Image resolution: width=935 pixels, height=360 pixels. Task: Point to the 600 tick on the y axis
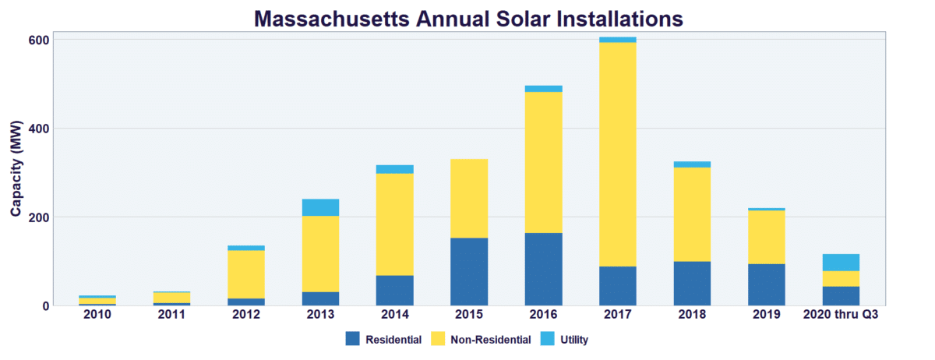[x=40, y=40]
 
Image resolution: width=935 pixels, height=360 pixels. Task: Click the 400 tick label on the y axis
[x=40, y=128]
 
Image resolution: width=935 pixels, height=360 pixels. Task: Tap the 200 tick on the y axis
[x=40, y=217]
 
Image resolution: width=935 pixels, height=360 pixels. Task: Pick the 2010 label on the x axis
[x=97, y=315]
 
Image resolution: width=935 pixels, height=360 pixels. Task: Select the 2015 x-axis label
[x=468, y=315]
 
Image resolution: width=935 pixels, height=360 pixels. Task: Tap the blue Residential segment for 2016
[x=543, y=269]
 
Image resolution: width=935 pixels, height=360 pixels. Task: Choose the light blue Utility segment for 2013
[x=320, y=207]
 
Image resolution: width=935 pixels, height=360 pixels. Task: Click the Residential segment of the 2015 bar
[x=468, y=271]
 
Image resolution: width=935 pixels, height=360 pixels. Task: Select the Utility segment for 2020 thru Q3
[x=841, y=263]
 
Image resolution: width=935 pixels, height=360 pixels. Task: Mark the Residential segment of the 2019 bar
[x=766, y=284]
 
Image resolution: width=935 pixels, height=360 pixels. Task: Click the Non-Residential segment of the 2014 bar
[x=394, y=224]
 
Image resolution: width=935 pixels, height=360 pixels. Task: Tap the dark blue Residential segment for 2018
[x=692, y=283]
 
